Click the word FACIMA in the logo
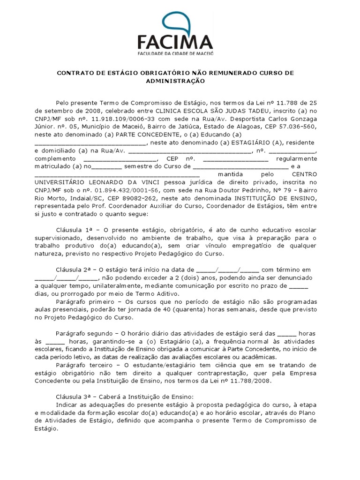coord(175,43)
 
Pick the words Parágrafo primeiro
coord(83,301)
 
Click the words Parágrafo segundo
coord(83,333)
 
